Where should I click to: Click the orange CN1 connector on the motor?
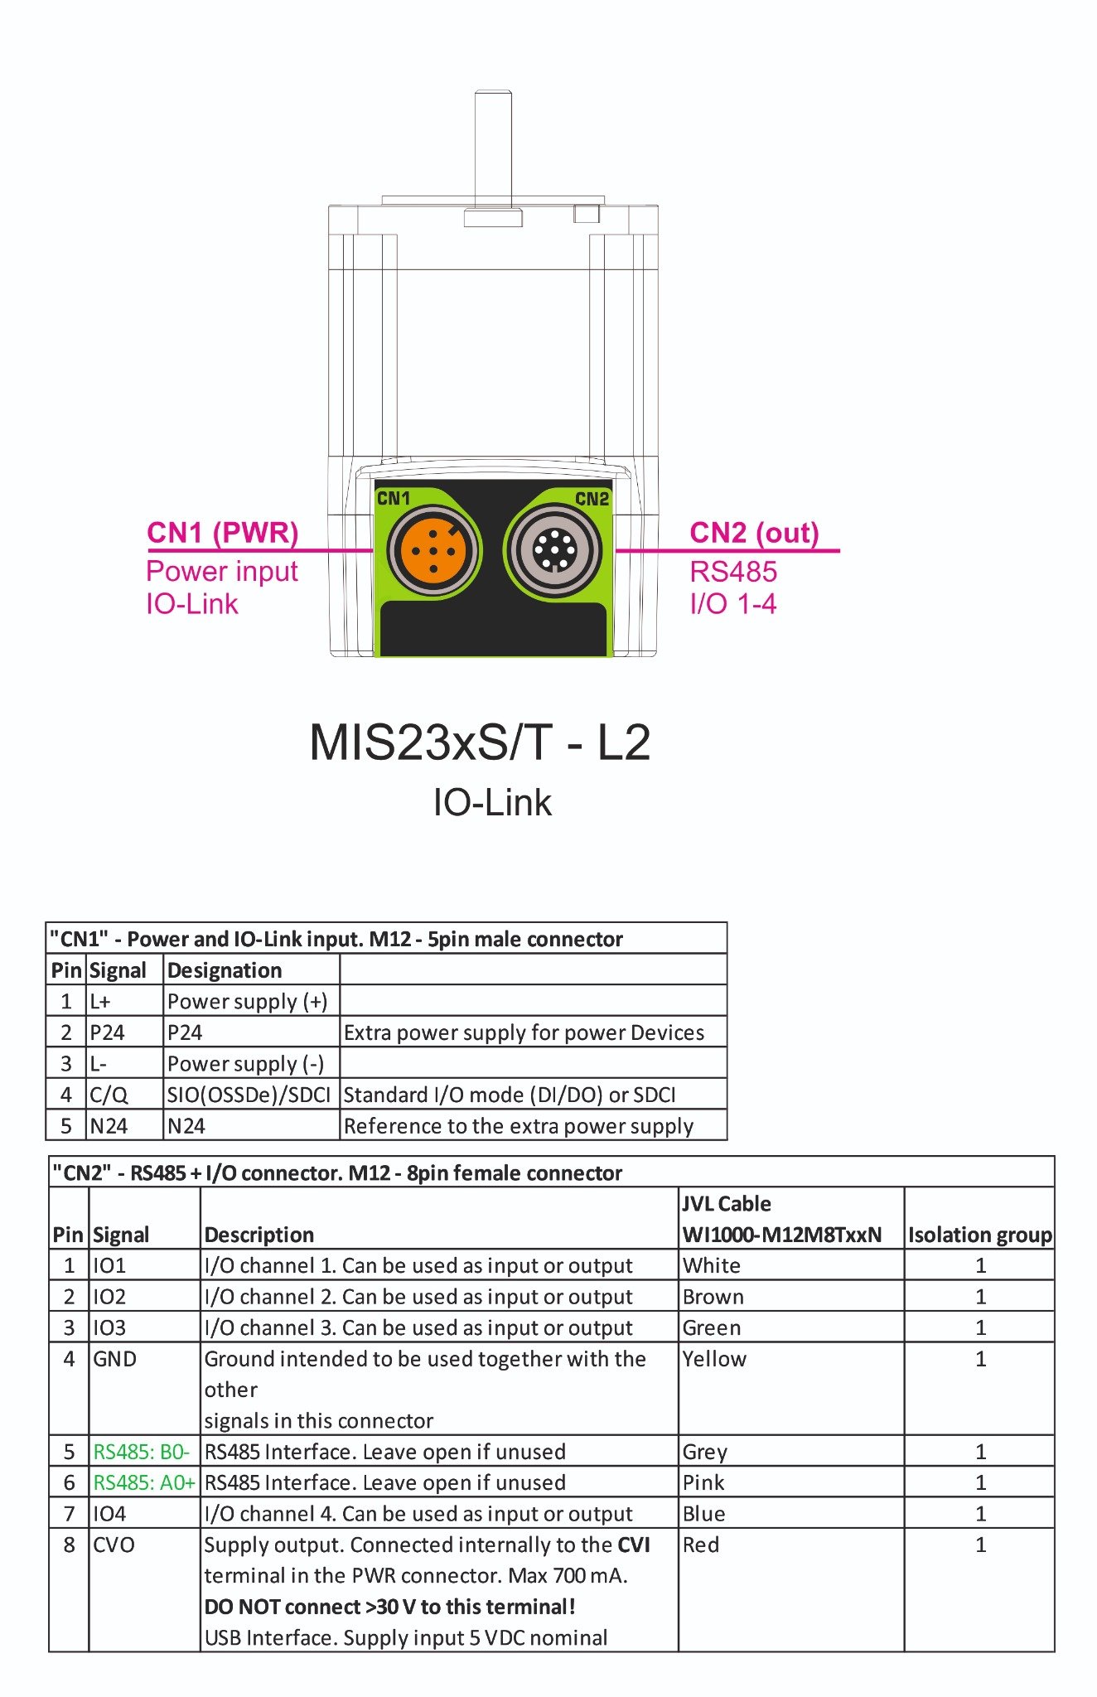pyautogui.click(x=433, y=549)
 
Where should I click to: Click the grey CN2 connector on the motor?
pyautogui.click(x=555, y=549)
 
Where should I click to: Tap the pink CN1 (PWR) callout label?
pyautogui.click(x=222, y=533)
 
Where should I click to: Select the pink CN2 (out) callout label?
pyautogui.click(x=754, y=533)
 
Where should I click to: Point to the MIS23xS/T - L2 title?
pyautogui.click(x=480, y=742)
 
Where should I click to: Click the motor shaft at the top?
pyautogui.click(x=492, y=149)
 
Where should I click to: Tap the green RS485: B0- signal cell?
pyautogui.click(x=142, y=1452)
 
